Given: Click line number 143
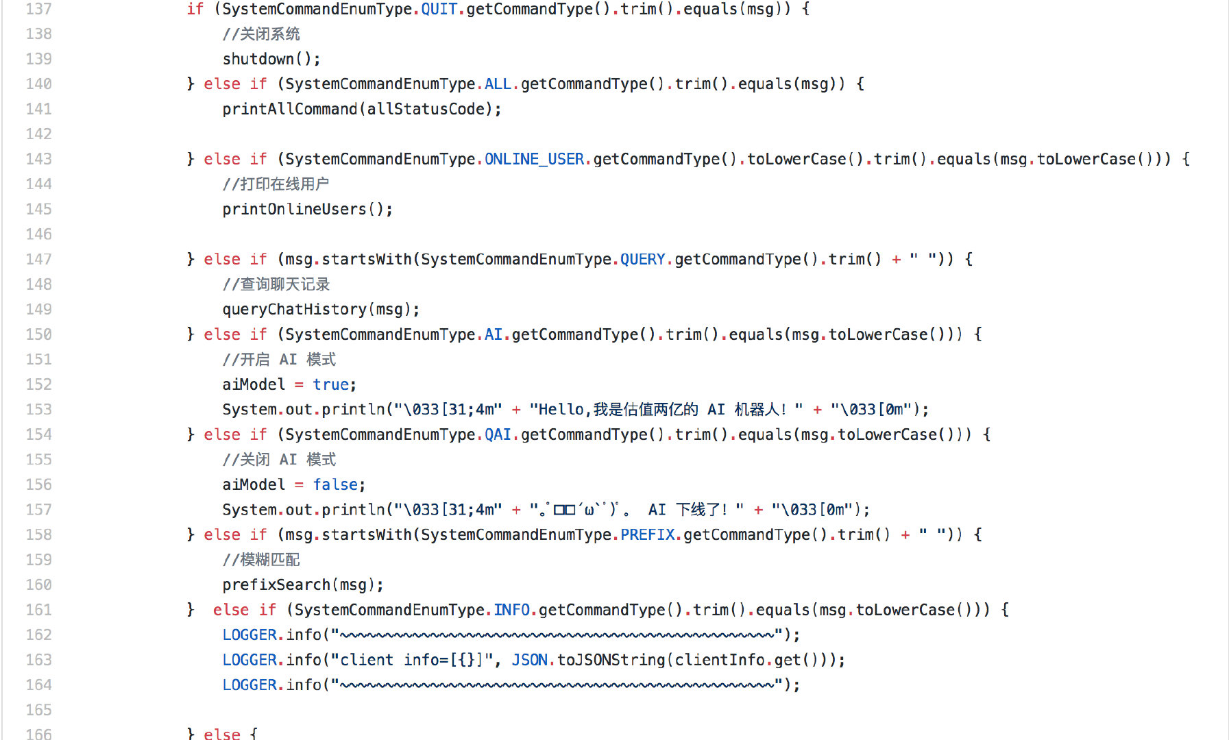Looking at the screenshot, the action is [39, 159].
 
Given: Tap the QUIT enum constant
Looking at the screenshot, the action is [439, 9].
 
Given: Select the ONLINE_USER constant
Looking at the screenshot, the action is [535, 159].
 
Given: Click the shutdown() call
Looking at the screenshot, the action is [271, 59].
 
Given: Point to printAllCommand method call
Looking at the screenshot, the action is [290, 109].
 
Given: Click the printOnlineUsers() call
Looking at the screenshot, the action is [308, 209].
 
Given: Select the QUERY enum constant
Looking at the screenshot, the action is [643, 259].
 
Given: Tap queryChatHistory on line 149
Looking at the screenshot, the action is [295, 310].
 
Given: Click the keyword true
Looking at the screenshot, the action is [331, 384].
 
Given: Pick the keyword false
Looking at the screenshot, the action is [336, 484].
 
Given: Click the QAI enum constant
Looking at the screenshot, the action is [498, 434].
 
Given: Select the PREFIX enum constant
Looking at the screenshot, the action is [648, 534].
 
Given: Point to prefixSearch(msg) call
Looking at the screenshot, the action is [303, 584].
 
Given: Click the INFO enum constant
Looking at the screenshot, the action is [512, 610].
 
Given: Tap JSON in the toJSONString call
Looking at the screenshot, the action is [530, 660].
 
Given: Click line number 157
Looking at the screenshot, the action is [39, 510].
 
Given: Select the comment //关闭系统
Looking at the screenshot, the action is [261, 34].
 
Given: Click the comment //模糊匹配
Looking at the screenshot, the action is [261, 560].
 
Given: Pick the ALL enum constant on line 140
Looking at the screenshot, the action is [498, 84].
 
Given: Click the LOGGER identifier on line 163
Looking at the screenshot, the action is [250, 660].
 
